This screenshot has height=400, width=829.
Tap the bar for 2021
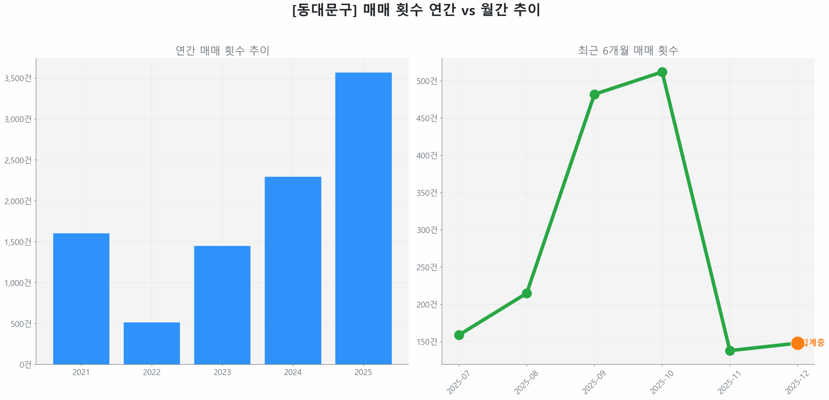81,298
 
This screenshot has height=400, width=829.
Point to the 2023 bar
222,305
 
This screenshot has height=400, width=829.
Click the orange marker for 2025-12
797,343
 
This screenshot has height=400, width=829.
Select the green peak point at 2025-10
662,72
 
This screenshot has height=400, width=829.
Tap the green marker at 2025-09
594,94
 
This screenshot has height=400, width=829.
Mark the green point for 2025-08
527,293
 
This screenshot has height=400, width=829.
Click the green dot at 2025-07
459,335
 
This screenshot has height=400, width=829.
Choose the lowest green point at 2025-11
730,350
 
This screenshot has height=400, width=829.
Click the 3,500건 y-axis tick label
18,78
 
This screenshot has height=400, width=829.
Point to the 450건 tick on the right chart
426,118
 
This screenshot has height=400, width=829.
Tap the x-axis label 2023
222,372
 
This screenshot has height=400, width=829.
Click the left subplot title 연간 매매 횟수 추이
222,51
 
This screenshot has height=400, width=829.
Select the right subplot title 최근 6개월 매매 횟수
628,51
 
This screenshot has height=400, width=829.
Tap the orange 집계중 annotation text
814,342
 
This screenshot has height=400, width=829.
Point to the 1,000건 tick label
18,283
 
